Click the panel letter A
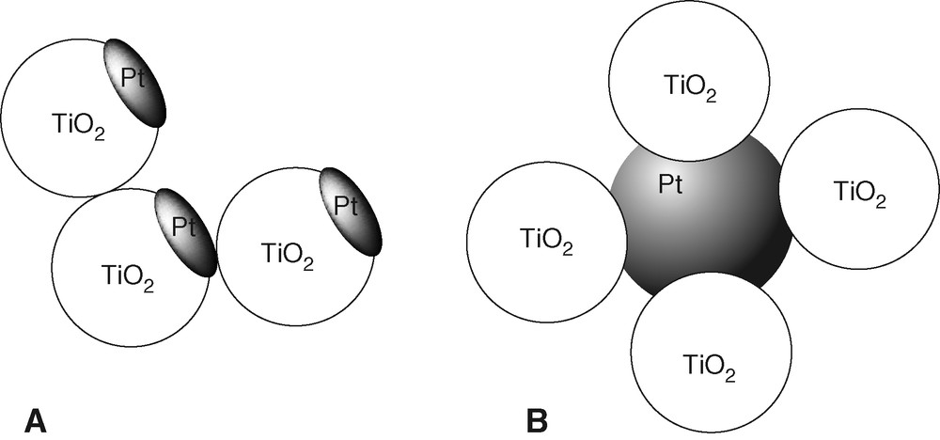click(35, 419)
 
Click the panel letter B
click(537, 420)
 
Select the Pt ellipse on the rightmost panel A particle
click(351, 211)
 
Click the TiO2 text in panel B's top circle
click(691, 87)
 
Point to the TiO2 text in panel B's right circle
click(860, 193)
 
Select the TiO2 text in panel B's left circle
click(545, 242)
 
